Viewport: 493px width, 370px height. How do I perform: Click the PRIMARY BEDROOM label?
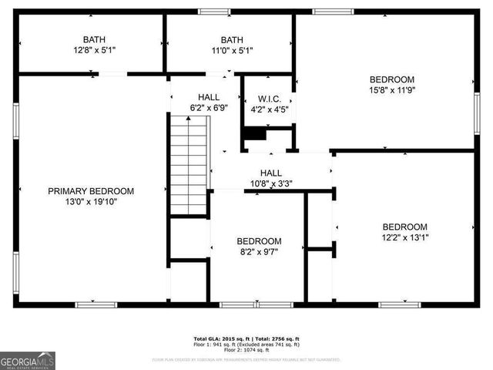pos(91,191)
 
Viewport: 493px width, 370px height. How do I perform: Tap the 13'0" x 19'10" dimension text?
pos(91,202)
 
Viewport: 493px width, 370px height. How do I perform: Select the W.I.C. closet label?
pos(270,99)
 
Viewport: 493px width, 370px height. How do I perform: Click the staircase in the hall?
pos(188,163)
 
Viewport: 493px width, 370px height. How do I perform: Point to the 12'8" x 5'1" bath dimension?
pos(94,51)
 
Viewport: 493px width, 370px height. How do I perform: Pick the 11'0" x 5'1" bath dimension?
pos(231,51)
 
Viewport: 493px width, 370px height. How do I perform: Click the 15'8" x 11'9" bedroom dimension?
pos(392,90)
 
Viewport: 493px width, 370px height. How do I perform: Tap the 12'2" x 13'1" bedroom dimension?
pos(405,237)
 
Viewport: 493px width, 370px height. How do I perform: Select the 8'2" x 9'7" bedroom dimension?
pos(258,252)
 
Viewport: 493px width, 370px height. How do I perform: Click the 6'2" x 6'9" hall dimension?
pos(209,108)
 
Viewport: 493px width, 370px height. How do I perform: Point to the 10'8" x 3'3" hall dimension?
pos(270,184)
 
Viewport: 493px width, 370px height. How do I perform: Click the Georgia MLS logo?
pos(28,360)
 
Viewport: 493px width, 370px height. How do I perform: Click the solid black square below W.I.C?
pos(253,133)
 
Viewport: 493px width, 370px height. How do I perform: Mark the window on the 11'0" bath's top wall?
pos(214,12)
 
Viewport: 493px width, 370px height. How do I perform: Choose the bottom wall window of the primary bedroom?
pos(96,304)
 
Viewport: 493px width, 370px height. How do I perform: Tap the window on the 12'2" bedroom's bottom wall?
pos(400,304)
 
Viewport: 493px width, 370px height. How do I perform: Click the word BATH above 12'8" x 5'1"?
pos(94,40)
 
